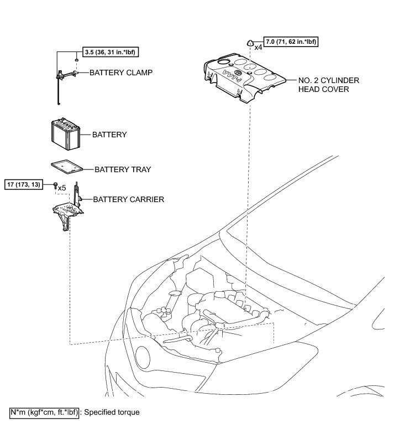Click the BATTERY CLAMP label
pos(120,73)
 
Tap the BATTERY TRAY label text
pos(123,169)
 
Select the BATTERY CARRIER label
pos(128,199)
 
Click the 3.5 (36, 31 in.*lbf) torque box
pos(110,53)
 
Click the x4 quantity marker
pos(258,48)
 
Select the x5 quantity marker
pos(62,188)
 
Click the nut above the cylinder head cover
pos(249,42)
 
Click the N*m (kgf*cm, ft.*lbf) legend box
pos(45,413)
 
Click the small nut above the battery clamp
pos(76,60)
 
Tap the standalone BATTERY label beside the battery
pos(109,135)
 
